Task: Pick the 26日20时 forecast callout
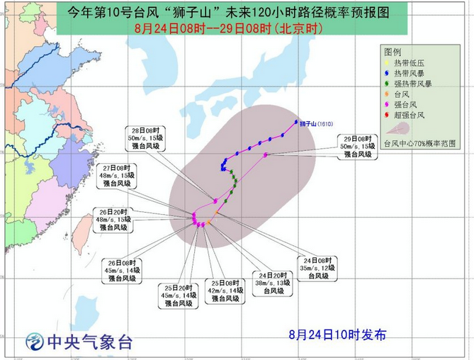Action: (113, 220)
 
